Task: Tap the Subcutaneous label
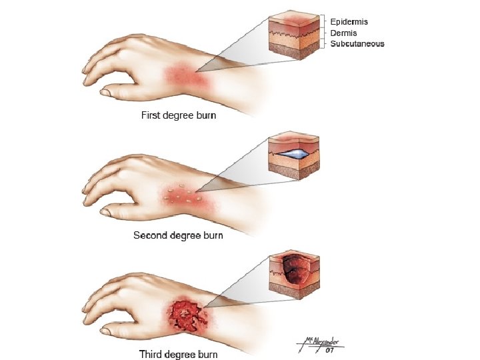357,43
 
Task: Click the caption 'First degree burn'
178,115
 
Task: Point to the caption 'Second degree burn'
178,235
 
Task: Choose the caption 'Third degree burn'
178,354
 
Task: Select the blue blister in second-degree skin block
294,153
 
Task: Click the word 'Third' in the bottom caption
152,354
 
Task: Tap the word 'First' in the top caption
150,115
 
